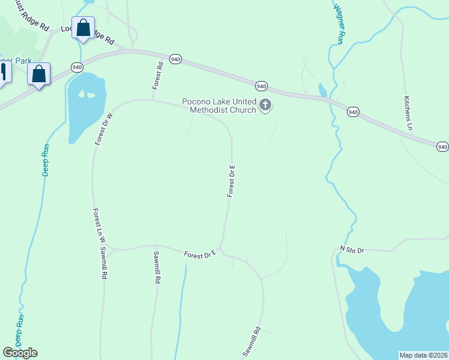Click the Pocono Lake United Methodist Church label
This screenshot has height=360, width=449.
point(219,106)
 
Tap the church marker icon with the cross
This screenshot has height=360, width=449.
point(265,106)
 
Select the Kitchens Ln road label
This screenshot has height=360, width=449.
point(408,113)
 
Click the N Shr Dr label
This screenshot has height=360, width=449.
point(352,249)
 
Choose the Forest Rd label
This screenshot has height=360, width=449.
point(158,76)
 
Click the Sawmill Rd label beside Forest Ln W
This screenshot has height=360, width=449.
point(103,263)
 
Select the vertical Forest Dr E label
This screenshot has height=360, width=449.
point(231,181)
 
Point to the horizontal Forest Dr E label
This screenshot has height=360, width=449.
point(200,255)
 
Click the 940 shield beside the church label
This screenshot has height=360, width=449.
point(261,85)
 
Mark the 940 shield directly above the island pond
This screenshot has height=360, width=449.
point(77,67)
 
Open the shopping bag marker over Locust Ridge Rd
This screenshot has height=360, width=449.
point(83,28)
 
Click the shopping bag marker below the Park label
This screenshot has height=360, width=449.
point(39,74)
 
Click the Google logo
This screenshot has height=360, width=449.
point(20,353)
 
